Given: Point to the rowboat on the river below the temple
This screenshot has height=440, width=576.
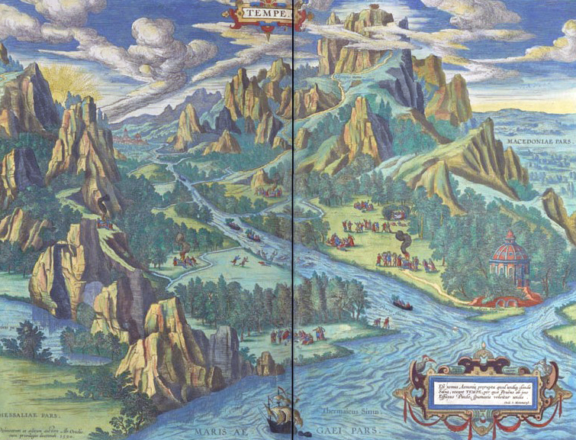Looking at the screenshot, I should point(402,306).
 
